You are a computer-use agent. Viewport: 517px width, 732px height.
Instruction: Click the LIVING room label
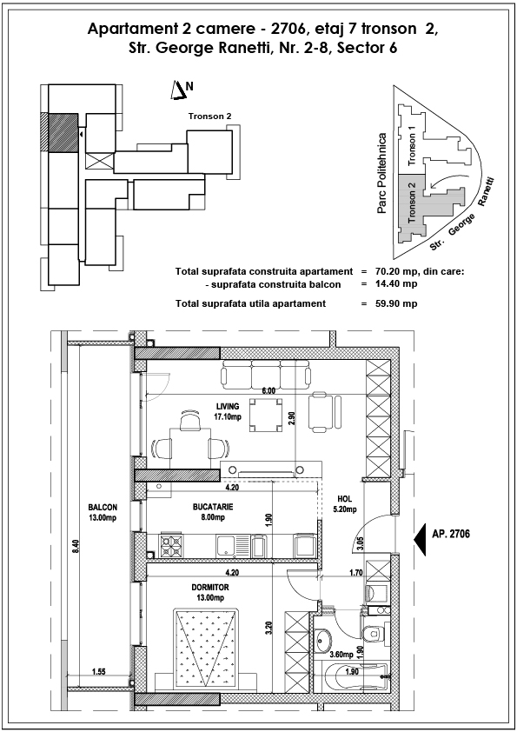pos(228,407)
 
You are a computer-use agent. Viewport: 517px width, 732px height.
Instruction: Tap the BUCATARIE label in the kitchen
pos(213,507)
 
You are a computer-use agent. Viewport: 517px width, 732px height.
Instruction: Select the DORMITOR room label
pos(210,588)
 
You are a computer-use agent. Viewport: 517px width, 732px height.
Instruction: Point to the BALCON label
pos(103,508)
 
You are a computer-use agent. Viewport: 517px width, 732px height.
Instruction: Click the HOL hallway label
pos(344,499)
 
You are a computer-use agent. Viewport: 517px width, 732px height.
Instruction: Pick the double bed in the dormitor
pos(205,647)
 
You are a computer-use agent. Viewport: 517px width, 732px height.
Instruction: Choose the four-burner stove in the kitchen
pos(171,544)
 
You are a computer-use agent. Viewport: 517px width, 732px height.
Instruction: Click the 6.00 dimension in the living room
pos(268,391)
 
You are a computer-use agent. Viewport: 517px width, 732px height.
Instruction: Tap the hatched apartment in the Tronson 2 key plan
pos(63,133)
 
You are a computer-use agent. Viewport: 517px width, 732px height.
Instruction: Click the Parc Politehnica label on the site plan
pos(382,174)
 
